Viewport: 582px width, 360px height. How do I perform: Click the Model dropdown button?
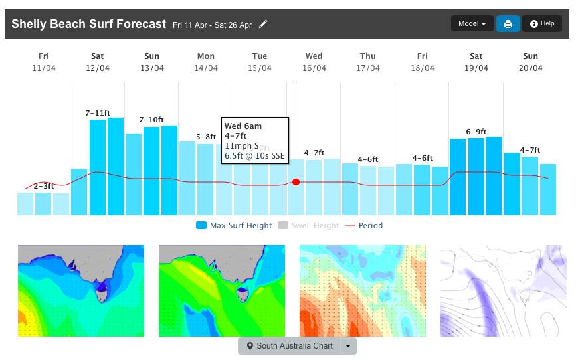(x=472, y=24)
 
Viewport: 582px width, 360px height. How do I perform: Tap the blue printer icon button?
(x=508, y=24)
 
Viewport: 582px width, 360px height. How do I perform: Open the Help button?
(x=542, y=24)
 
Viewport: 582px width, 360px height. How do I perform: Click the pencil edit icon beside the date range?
(x=264, y=25)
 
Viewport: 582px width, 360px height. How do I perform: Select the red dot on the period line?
(x=296, y=182)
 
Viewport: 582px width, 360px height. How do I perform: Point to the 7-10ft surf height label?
(x=151, y=120)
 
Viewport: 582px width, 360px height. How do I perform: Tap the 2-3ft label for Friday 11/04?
(x=44, y=187)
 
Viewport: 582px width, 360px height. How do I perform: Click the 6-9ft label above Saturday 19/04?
(x=476, y=132)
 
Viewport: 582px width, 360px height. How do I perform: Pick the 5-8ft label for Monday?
(x=206, y=137)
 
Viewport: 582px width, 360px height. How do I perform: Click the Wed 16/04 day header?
(x=314, y=62)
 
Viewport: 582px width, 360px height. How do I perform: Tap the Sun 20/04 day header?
(x=531, y=62)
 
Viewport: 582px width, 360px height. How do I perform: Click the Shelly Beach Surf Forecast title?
(x=88, y=25)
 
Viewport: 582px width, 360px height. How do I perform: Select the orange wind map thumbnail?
(x=363, y=291)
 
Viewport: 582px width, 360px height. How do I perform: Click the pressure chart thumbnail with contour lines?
(x=504, y=291)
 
